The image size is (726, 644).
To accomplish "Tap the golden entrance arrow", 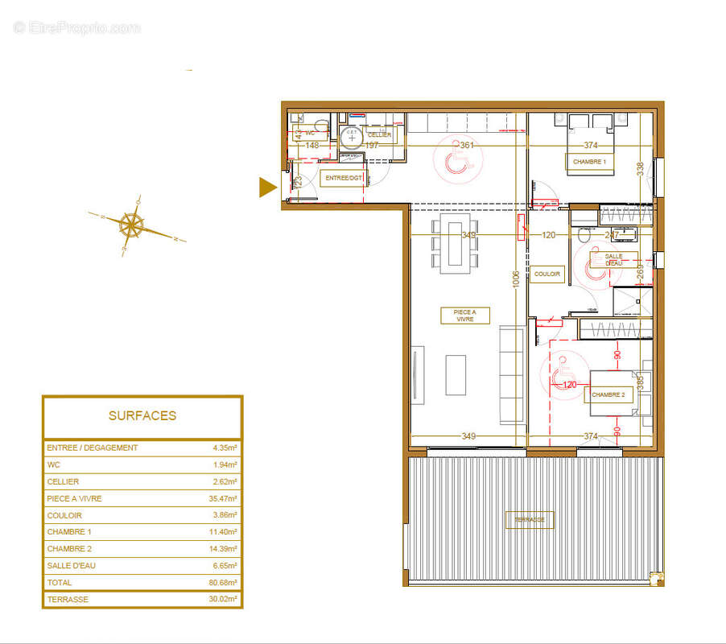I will tap(266, 188).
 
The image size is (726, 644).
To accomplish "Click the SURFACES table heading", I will tap(142, 416).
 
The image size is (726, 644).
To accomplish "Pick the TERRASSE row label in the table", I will tap(68, 600).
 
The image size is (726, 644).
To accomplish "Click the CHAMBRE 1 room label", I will tap(590, 162).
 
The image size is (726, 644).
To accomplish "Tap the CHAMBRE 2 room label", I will tap(608, 395).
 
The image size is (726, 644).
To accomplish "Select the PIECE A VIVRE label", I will tap(464, 316).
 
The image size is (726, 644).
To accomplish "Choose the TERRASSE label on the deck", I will tap(530, 520).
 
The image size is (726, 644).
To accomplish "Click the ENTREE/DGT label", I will tap(344, 178).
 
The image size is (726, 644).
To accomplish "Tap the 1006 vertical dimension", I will tap(516, 283).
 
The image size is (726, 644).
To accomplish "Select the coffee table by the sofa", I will tap(456, 375).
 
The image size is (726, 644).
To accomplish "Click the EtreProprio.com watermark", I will tap(76, 28).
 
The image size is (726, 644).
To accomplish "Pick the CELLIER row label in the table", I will tap(64, 482).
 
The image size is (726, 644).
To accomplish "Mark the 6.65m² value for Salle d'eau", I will tap(224, 566).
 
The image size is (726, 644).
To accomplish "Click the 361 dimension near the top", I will tap(468, 146).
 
